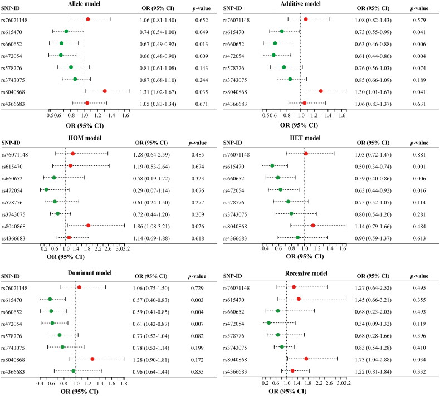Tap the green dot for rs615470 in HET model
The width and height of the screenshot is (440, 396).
(x=272, y=165)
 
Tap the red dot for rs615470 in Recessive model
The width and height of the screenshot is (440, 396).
(x=299, y=299)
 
